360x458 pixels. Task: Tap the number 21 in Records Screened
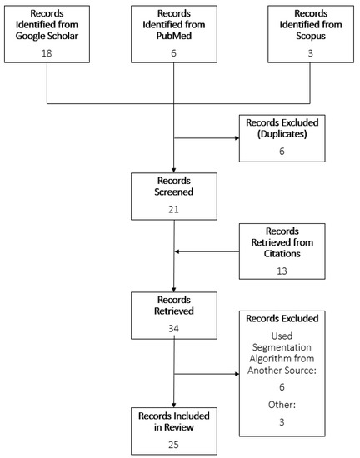click(x=173, y=208)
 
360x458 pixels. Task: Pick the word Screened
click(x=173, y=192)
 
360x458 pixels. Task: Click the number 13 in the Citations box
click(x=281, y=268)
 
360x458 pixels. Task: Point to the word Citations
click(x=281, y=253)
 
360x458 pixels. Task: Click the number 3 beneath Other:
click(x=281, y=423)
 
